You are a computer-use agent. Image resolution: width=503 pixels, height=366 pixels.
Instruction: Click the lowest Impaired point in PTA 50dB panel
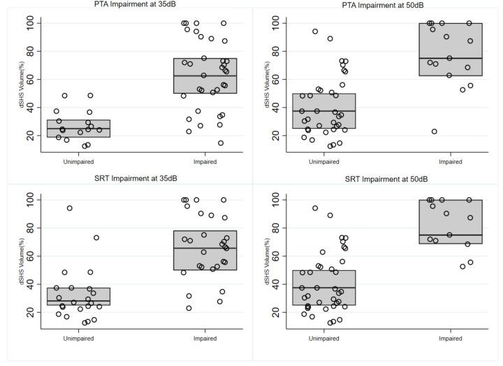(x=435, y=132)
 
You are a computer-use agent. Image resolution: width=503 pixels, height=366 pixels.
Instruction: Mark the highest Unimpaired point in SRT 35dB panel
(x=70, y=208)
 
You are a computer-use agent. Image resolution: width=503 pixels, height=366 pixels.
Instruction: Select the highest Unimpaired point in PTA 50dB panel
(x=315, y=31)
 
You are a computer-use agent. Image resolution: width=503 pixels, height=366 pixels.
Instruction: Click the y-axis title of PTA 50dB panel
(x=266, y=84)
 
